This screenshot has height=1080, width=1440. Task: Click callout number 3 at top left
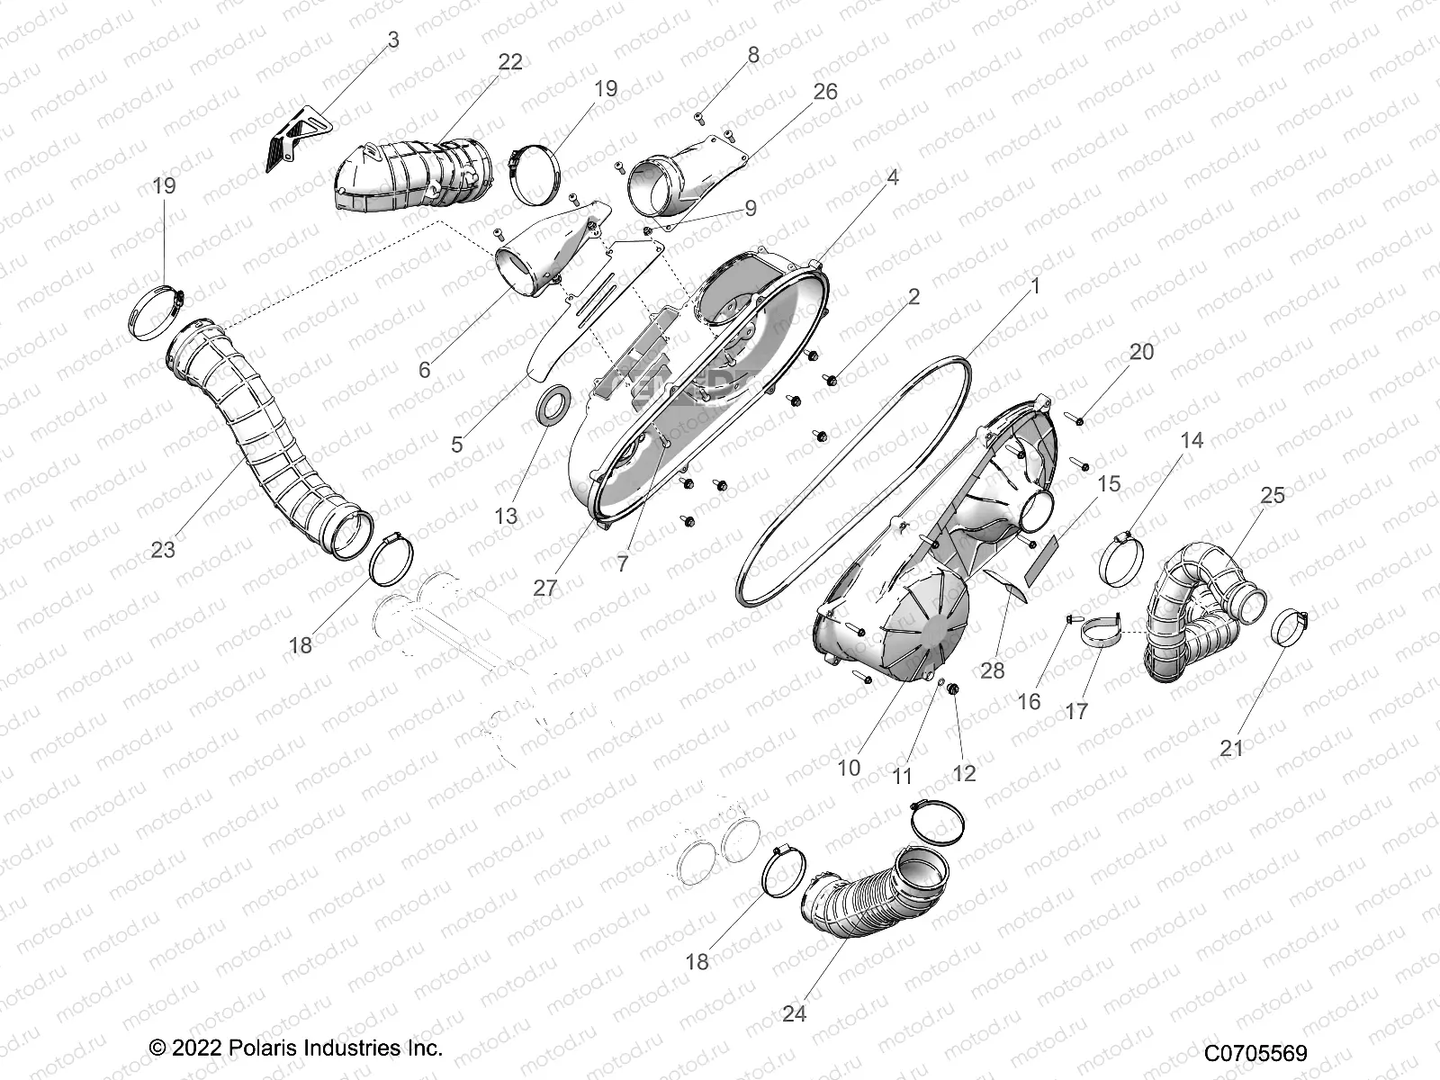coord(393,40)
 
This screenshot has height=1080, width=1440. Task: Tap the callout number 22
coord(509,61)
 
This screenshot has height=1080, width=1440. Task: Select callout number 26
coord(824,92)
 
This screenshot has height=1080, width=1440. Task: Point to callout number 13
coord(506,516)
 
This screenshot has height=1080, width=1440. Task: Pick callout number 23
coord(163,548)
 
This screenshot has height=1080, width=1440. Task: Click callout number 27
coord(544,588)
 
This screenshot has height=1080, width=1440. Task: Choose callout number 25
coord(1272,495)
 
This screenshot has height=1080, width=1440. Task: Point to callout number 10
coord(849,768)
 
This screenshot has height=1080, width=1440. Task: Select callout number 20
coord(1141,352)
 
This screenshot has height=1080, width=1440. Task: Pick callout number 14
coord(1191,440)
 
